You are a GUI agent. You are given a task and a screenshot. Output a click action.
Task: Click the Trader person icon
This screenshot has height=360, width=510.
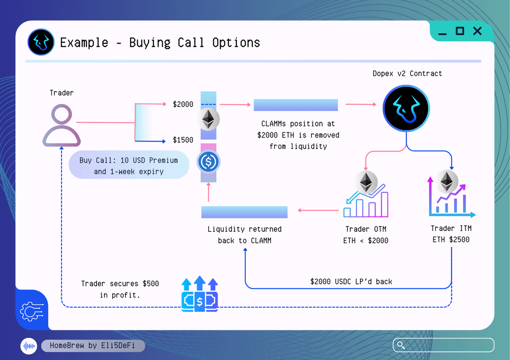coord(62,126)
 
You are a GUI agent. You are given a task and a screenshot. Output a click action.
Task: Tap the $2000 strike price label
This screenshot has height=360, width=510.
coord(183,104)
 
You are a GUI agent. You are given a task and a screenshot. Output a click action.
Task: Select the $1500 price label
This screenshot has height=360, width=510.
coord(183,140)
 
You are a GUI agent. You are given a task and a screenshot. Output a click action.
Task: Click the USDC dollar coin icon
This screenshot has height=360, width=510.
coord(208,161)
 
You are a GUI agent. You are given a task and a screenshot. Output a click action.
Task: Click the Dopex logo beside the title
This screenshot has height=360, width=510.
coord(41,42)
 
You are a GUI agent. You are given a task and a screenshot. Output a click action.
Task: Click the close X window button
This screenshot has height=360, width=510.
coord(477,31)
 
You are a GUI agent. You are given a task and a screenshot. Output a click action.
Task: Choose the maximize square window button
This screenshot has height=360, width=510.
coord(460,31)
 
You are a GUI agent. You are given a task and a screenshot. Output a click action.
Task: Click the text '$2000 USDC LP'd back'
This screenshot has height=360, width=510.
coord(351,281)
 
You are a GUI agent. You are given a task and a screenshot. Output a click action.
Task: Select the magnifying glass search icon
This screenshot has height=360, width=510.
coord(400,345)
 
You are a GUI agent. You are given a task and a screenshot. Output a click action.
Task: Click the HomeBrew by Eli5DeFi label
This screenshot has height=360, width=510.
coord(93,346)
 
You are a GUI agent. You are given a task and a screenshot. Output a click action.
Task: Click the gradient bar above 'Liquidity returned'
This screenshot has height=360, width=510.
coord(244,212)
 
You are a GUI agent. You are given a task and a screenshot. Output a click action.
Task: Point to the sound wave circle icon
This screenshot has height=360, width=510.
coord(29,346)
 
